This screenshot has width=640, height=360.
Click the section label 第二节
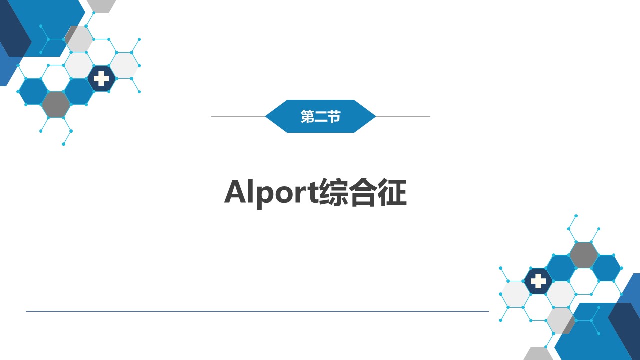coord(320,116)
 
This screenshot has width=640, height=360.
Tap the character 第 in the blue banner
coord(307,116)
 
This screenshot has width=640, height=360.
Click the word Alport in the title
coord(271,192)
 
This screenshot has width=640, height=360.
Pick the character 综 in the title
coord(333,192)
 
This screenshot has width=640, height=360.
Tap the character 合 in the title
coord(363,192)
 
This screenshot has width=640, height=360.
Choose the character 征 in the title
coord(392,192)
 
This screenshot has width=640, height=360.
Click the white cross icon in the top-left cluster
coord(101,79)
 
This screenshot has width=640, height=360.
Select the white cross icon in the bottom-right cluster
coord(538,281)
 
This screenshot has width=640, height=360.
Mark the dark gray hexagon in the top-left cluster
coord(56,105)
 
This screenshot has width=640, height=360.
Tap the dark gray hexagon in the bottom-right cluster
coord(583,255)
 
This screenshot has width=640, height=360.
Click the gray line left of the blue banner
coord(238,116)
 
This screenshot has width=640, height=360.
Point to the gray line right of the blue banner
coord(403,116)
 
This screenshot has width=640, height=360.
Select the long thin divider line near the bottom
coord(257,311)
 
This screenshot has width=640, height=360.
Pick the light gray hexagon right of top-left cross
coord(124,65)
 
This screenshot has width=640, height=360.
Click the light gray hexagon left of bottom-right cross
coord(515,294)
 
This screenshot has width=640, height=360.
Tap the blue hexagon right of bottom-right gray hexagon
coord(606,268)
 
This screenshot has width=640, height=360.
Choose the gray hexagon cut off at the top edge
coord(101,5)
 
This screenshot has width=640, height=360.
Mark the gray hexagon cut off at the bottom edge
coord(538,353)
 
